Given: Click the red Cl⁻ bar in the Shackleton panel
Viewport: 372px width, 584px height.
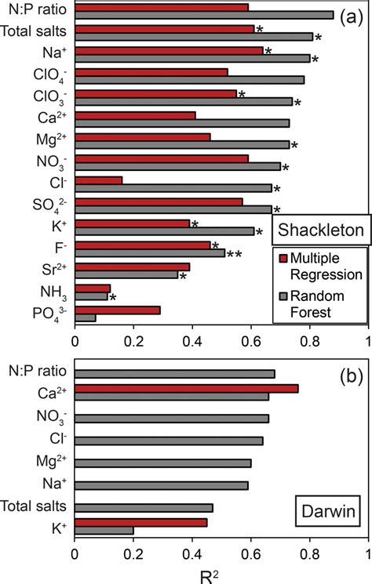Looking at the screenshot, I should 99,180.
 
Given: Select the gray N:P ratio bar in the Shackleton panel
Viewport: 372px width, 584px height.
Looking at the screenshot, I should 204,15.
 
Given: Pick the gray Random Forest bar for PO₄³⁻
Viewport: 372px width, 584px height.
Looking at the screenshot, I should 86,317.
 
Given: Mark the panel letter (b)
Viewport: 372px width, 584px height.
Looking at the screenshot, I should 349,375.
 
